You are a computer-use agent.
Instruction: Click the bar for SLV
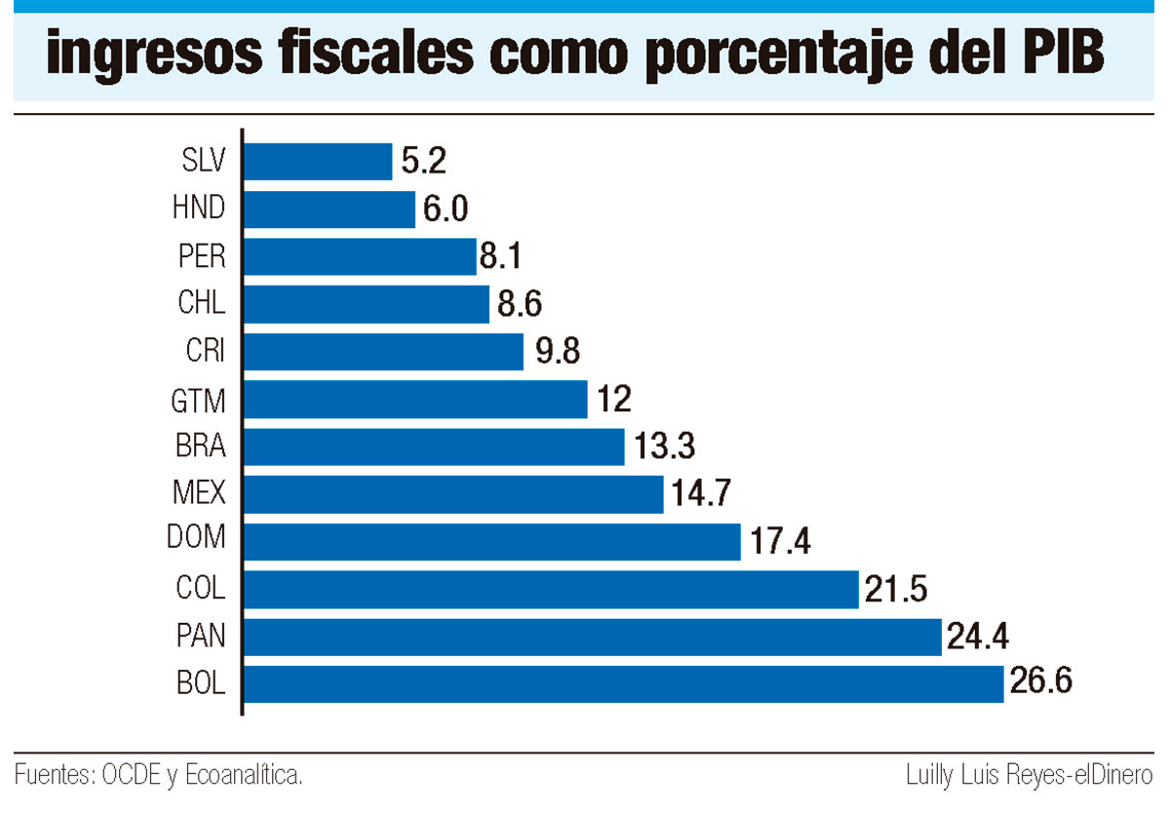(317, 161)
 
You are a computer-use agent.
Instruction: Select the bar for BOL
(623, 683)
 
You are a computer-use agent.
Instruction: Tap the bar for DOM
(491, 541)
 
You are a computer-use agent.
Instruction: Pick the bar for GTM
(414, 399)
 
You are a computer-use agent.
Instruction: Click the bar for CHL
(366, 304)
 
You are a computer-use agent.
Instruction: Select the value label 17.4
(777, 539)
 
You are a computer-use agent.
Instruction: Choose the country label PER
(203, 256)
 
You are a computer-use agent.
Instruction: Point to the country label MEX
(199, 493)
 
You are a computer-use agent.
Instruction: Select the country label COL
(201, 588)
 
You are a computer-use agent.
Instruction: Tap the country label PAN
(201, 636)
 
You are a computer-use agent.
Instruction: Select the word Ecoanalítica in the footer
(245, 776)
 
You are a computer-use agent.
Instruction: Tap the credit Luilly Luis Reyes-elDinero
(1030, 776)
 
